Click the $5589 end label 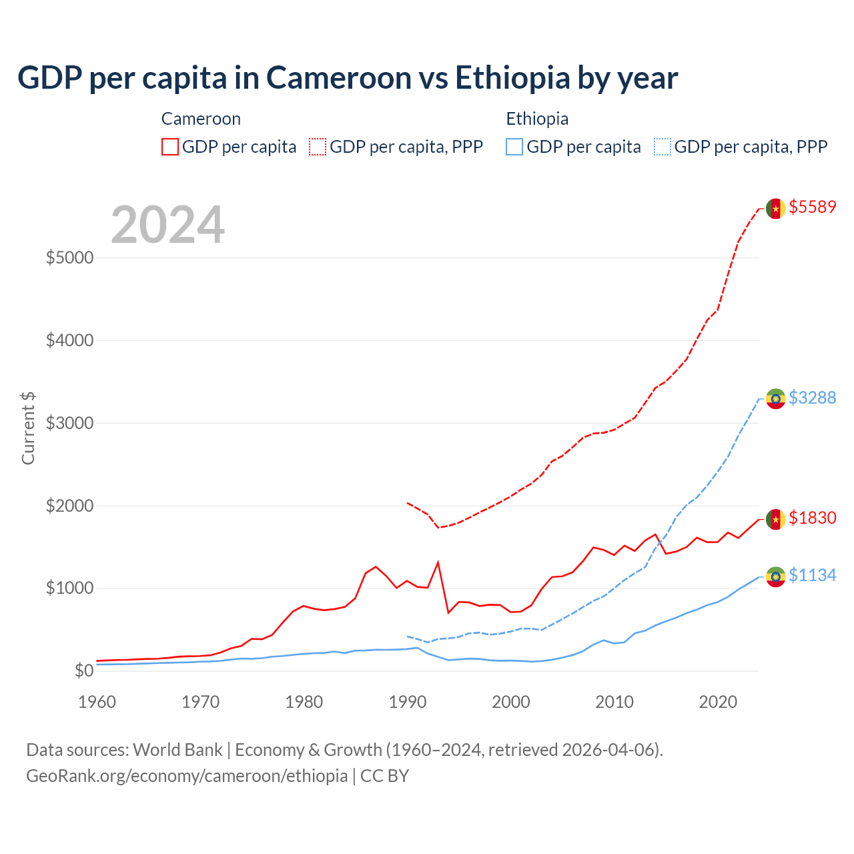(x=812, y=207)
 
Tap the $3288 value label (x=812, y=398)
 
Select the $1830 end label (x=812, y=518)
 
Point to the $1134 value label (x=812, y=575)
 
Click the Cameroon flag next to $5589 (x=775, y=208)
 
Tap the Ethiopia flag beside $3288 (x=775, y=399)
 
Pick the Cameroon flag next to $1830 (x=775, y=519)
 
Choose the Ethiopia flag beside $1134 (x=775, y=576)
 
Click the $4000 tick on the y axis (x=69, y=340)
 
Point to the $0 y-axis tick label (x=83, y=671)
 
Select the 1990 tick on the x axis (x=407, y=702)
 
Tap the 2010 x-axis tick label (x=614, y=702)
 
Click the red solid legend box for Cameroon (x=169, y=147)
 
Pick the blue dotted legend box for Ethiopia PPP (x=663, y=147)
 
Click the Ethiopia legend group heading (x=537, y=119)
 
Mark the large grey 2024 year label (x=167, y=225)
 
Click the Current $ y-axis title (x=28, y=428)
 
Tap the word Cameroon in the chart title (x=339, y=77)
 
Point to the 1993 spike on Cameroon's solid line (x=438, y=562)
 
